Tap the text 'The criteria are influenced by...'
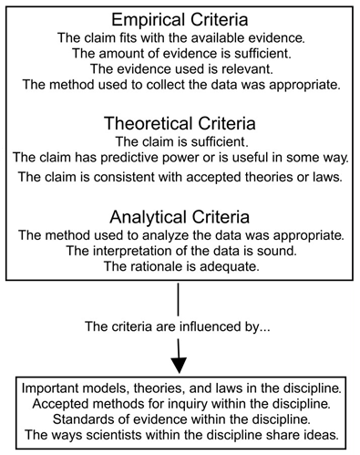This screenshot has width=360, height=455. click(x=180, y=326)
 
